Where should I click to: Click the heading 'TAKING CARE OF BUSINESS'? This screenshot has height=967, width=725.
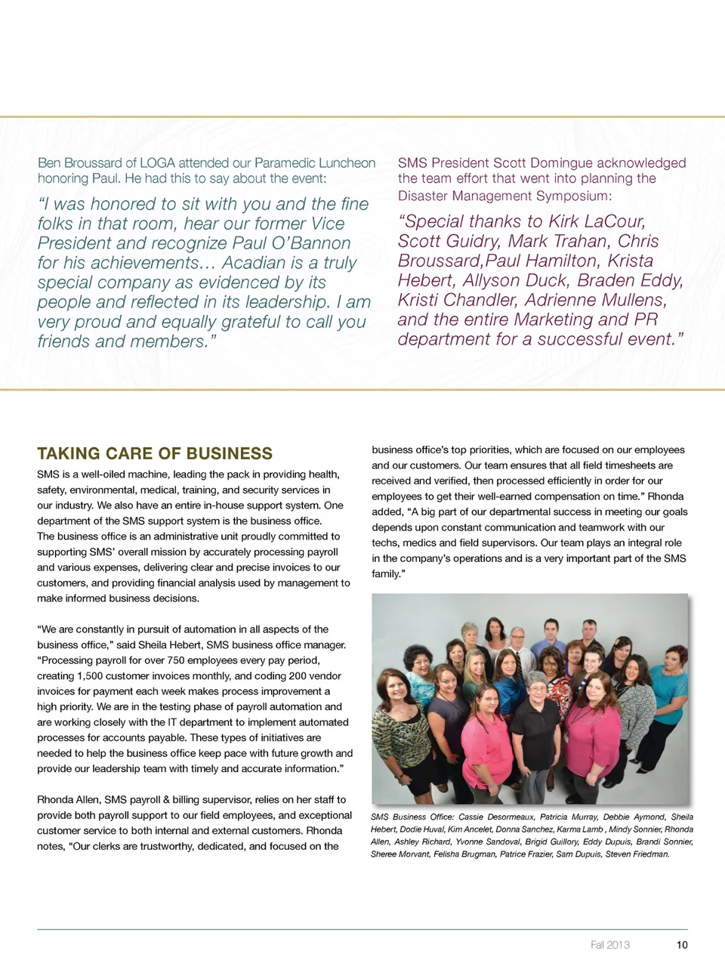(155, 453)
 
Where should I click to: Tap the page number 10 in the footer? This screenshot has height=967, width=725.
(682, 944)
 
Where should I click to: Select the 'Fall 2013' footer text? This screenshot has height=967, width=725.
(609, 944)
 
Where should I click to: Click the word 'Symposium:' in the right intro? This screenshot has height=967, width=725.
(575, 196)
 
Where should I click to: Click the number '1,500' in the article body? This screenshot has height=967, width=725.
(92, 676)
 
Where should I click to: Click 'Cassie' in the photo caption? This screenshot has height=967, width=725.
(470, 817)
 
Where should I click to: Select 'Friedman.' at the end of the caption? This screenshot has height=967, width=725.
(651, 854)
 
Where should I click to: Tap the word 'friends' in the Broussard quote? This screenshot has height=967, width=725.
(64, 341)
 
